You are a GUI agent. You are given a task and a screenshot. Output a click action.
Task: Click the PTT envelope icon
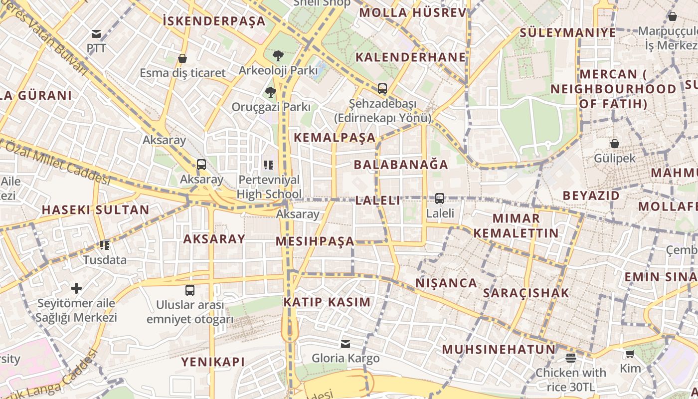(x=96, y=34)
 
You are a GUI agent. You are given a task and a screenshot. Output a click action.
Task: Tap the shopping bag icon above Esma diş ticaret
(x=182, y=58)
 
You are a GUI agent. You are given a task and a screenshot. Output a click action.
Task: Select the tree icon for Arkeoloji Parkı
(x=278, y=55)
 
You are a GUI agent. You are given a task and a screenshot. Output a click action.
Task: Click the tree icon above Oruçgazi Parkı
(x=271, y=92)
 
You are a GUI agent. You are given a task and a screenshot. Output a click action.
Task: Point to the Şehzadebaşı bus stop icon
(x=382, y=89)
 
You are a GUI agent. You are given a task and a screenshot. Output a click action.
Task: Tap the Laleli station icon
(x=439, y=199)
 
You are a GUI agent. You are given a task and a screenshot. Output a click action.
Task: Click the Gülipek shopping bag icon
(x=615, y=144)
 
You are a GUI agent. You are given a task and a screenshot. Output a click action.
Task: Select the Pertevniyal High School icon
(x=269, y=165)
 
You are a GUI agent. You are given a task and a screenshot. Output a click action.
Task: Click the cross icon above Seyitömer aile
(x=76, y=288)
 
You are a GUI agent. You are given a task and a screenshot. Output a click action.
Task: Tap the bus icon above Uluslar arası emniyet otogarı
(x=190, y=290)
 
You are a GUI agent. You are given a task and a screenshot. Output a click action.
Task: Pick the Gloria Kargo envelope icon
(x=346, y=344)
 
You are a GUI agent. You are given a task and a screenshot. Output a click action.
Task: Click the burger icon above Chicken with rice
(x=571, y=358)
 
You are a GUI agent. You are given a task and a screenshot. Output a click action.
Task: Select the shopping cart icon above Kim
(x=630, y=354)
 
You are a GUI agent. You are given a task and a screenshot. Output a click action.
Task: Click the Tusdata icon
(x=105, y=245)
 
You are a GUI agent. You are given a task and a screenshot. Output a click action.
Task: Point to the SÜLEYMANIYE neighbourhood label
(x=568, y=33)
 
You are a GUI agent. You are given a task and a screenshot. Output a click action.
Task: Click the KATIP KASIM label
(x=327, y=302)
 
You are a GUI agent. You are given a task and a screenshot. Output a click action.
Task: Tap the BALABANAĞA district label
(x=401, y=165)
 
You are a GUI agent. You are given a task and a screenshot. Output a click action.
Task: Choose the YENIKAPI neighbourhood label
(x=213, y=362)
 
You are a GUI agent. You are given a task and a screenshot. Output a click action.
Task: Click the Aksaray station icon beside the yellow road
(x=201, y=165)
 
